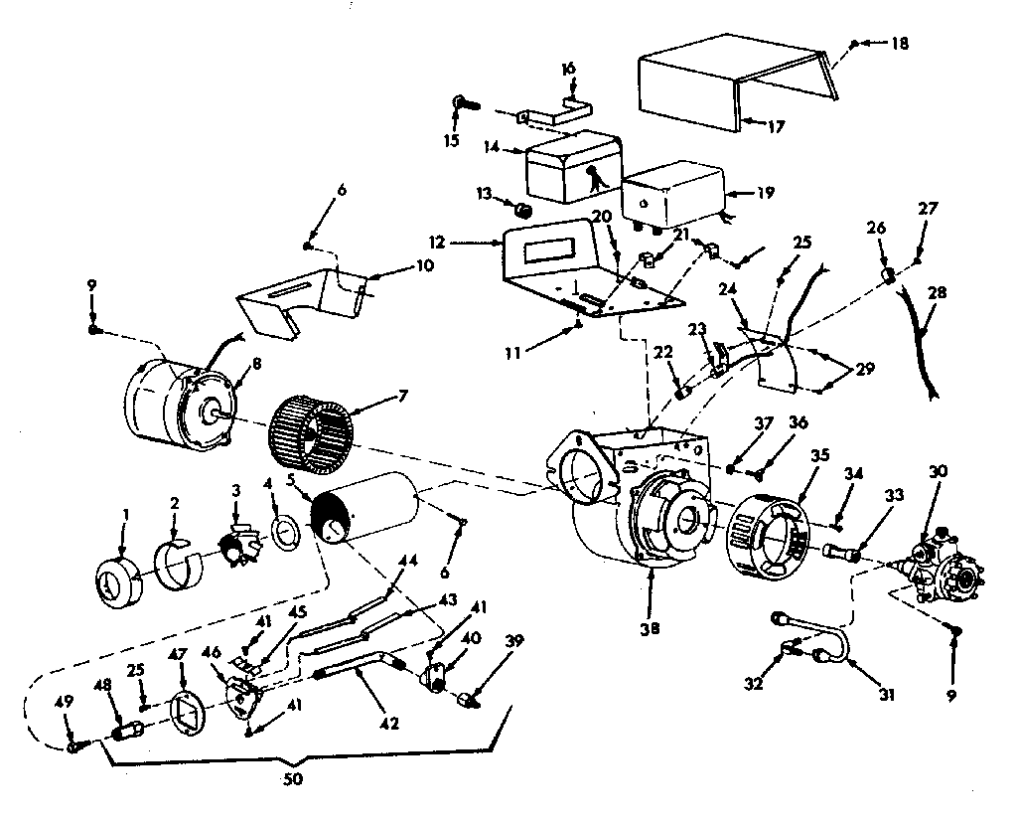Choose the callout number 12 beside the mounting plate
coord(468,242)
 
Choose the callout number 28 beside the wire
coord(938,293)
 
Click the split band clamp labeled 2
coord(180,550)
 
